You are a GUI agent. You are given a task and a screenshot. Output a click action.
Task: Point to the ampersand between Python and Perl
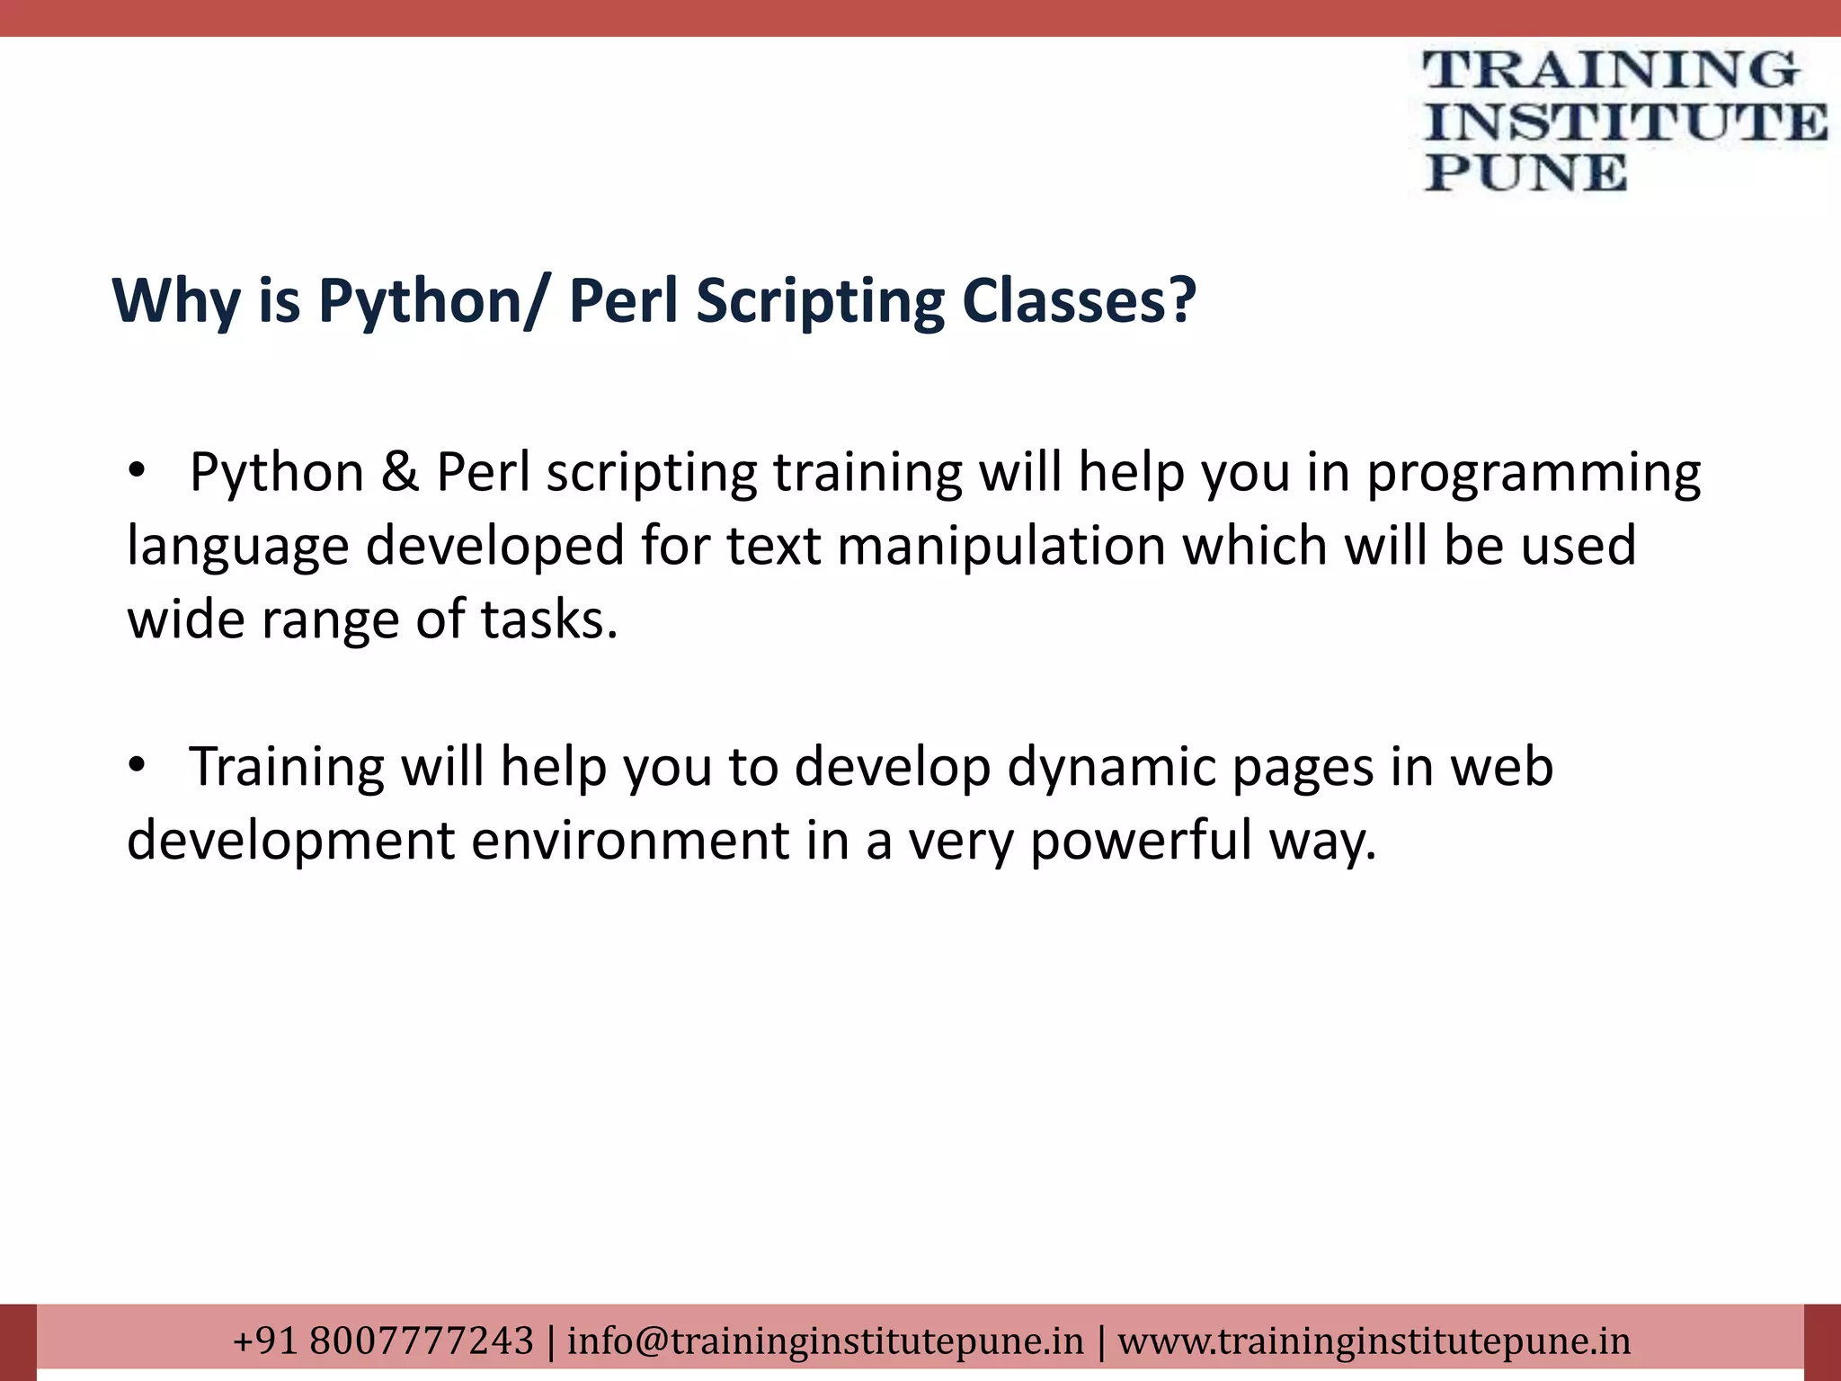tap(400, 472)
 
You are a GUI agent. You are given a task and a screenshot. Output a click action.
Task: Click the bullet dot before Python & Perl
tap(136, 470)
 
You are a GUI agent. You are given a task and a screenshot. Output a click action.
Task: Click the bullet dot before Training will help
tap(136, 765)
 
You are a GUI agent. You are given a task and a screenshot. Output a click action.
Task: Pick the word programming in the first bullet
tap(1534, 474)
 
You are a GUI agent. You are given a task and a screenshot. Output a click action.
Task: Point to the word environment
tap(629, 841)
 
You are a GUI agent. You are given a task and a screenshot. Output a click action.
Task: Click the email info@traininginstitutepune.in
tap(825, 1341)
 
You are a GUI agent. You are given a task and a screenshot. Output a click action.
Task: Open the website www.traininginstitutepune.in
tap(1374, 1341)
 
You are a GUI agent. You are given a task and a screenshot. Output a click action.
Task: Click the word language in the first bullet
tap(237, 548)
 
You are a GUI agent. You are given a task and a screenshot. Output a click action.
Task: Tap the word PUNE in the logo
tap(1525, 173)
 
